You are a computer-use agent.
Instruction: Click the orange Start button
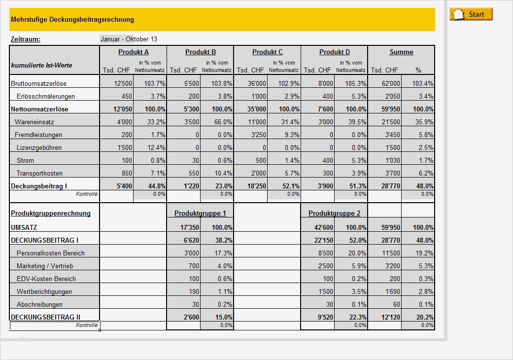tap(471, 14)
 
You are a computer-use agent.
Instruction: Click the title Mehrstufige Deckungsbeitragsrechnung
tap(72, 20)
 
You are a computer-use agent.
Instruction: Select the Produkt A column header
tap(133, 52)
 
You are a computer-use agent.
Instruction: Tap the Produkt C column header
tap(267, 52)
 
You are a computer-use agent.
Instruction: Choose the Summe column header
tap(401, 52)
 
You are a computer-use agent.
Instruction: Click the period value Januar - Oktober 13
tap(129, 39)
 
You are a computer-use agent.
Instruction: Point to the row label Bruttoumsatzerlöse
tap(39, 83)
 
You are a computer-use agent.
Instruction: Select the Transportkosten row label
tap(39, 173)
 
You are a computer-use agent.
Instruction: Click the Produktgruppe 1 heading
tap(200, 214)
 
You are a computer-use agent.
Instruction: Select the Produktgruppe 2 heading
tap(334, 214)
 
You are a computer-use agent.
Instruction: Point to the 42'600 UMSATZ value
tap(323, 227)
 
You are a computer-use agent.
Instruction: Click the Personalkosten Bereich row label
tap(50, 253)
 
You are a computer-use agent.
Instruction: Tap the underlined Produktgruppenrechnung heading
tap(51, 214)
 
